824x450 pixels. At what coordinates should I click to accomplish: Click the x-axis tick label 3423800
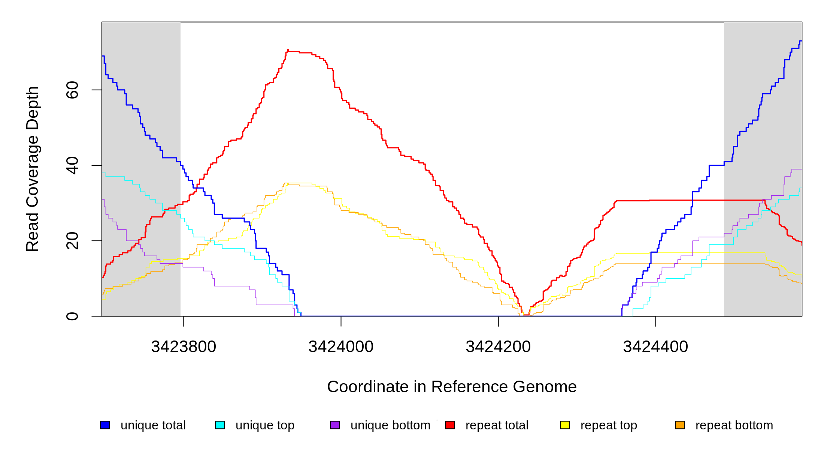pyautogui.click(x=184, y=347)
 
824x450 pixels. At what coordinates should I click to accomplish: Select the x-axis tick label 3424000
pyautogui.click(x=341, y=347)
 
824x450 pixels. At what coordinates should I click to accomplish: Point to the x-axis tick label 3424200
pyautogui.click(x=498, y=347)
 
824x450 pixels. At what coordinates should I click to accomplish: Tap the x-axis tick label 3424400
pyautogui.click(x=655, y=347)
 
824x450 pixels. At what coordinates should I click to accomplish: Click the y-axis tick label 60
pyautogui.click(x=72, y=90)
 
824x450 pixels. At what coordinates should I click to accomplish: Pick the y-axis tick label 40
pyautogui.click(x=72, y=165)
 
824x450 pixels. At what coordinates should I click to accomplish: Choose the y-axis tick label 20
pyautogui.click(x=72, y=241)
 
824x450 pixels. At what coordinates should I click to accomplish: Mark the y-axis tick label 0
pyautogui.click(x=72, y=316)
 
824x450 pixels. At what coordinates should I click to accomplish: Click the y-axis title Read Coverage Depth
pyautogui.click(x=33, y=169)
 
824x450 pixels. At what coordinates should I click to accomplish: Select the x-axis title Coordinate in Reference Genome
pyautogui.click(x=452, y=387)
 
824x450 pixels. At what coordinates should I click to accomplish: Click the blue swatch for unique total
pyautogui.click(x=105, y=425)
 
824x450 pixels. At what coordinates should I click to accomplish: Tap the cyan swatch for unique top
pyautogui.click(x=220, y=425)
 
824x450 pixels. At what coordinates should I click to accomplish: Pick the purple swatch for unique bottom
pyautogui.click(x=335, y=425)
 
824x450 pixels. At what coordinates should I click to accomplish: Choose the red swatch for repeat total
pyautogui.click(x=450, y=425)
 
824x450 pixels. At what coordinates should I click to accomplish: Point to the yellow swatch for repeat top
pyautogui.click(x=565, y=425)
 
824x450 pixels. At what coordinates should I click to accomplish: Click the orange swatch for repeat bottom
pyautogui.click(x=680, y=425)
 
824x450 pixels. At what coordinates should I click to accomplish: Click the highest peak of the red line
pyautogui.click(x=288, y=50)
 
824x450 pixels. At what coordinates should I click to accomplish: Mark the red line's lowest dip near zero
pyautogui.click(x=526, y=315)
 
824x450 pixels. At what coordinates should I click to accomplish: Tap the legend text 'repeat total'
pyautogui.click(x=497, y=425)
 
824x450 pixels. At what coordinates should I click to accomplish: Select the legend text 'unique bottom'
pyautogui.click(x=390, y=425)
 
